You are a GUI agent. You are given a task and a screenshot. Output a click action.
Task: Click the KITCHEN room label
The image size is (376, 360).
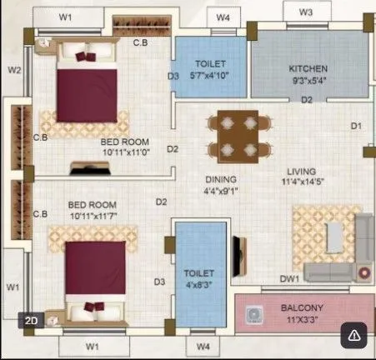308,68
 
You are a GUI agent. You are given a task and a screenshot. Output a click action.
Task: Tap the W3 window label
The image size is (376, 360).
305,12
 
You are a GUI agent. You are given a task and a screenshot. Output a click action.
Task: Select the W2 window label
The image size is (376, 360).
14,70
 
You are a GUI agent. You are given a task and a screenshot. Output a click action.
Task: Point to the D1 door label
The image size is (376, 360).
355,126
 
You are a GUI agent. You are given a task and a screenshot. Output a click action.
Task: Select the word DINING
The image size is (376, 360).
221,179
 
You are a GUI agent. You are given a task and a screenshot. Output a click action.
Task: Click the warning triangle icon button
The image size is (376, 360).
354,335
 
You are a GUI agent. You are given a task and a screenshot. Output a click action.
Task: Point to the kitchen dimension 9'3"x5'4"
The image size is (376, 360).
308,82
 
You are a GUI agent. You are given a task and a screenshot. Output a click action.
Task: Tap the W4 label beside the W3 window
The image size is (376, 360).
222,17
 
